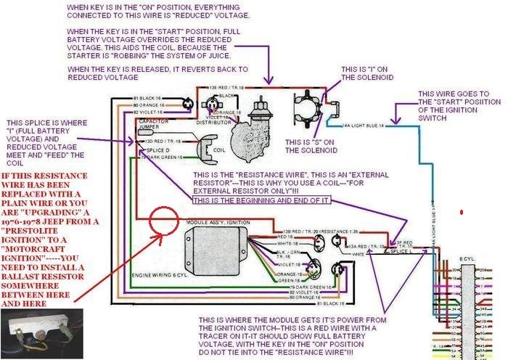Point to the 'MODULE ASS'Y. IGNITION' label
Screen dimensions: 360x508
point(214,220)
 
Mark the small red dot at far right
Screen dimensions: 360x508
point(462,213)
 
